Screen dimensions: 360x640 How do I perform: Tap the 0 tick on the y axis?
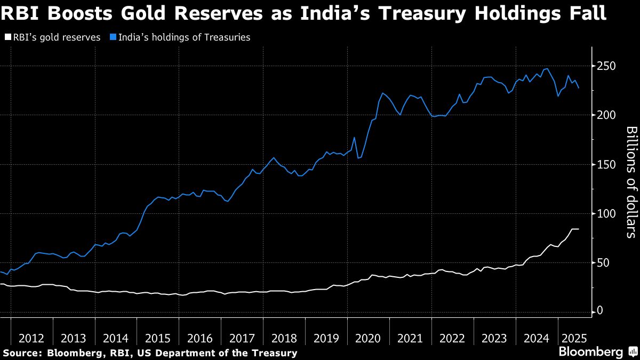tap(601, 311)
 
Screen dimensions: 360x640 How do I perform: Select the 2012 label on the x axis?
tap(31, 338)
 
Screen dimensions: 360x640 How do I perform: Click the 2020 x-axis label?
tap(368, 338)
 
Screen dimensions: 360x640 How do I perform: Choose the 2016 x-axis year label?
tap(199, 338)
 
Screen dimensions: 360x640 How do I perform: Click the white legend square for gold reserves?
tap(7, 37)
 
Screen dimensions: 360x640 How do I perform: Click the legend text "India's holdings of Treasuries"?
tap(184, 37)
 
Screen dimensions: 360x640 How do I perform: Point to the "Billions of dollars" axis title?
tap(631, 181)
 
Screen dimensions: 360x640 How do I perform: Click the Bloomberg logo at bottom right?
tap(590, 352)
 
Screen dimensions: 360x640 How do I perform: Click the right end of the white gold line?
tap(579, 229)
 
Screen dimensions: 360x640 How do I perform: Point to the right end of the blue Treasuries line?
tap(579, 87)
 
